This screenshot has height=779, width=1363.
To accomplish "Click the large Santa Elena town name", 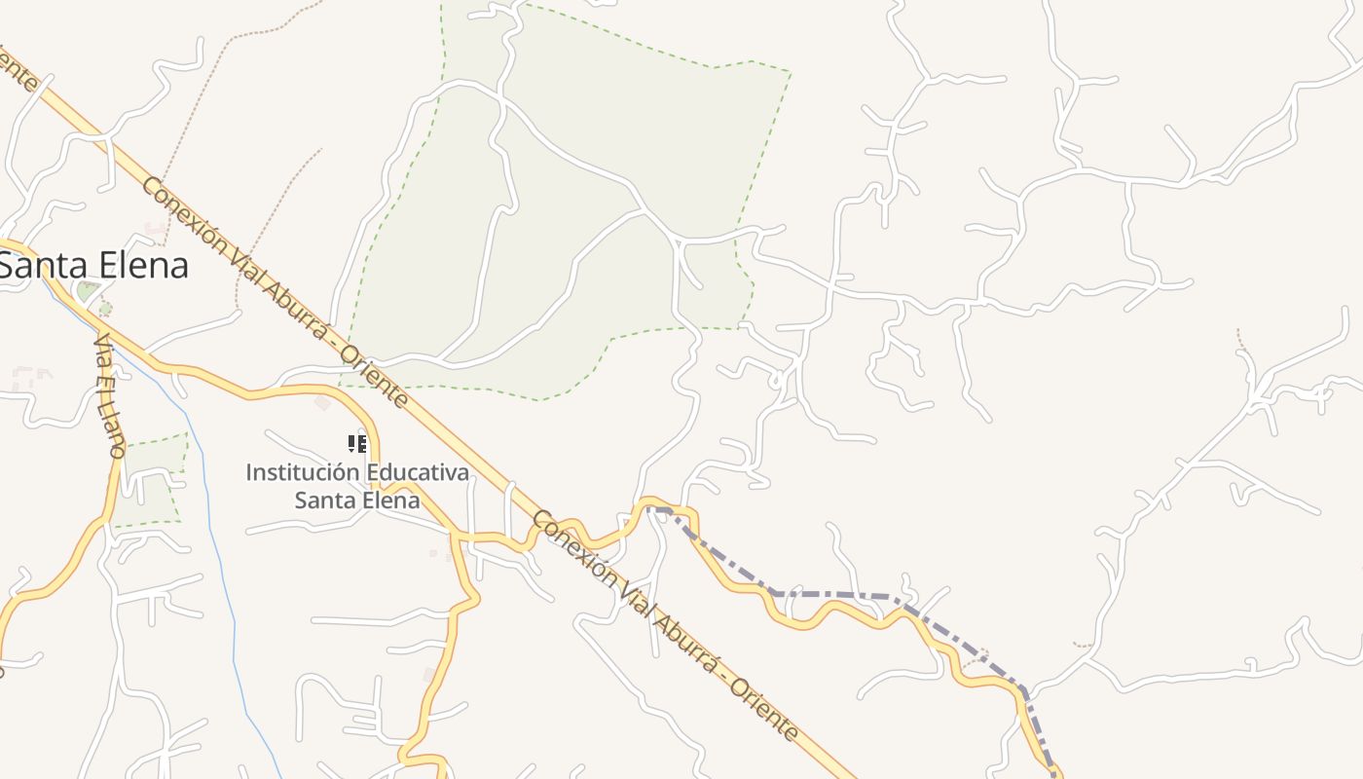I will (x=94, y=265).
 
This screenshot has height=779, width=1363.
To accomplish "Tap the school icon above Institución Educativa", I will (x=357, y=444).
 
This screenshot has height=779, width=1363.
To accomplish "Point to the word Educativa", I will (x=418, y=473).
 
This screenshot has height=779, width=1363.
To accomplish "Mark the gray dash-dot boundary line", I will (x=828, y=593).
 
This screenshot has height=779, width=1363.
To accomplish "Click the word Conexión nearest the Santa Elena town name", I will (x=180, y=215).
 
